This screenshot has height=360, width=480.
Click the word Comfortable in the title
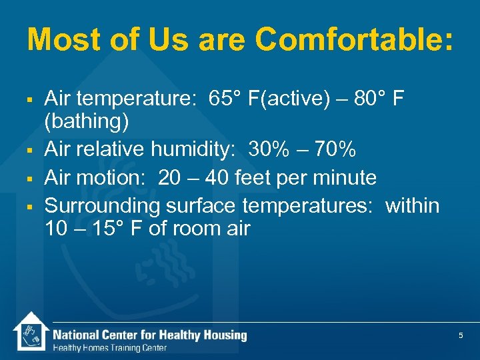354,40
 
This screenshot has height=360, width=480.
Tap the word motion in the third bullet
114,178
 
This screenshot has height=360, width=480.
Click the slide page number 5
461,336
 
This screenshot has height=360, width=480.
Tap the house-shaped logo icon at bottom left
30,331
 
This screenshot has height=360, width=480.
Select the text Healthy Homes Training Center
109,348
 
